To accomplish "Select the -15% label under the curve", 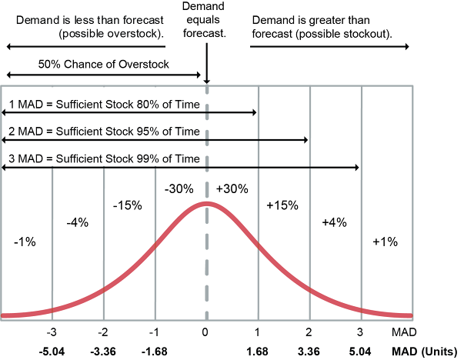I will tap(128, 206).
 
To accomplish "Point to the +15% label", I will tap(282, 206).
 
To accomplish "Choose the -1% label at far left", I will tap(25, 242).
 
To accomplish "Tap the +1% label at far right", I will tap(385, 242).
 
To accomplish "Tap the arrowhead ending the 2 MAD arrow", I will tap(305, 140).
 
